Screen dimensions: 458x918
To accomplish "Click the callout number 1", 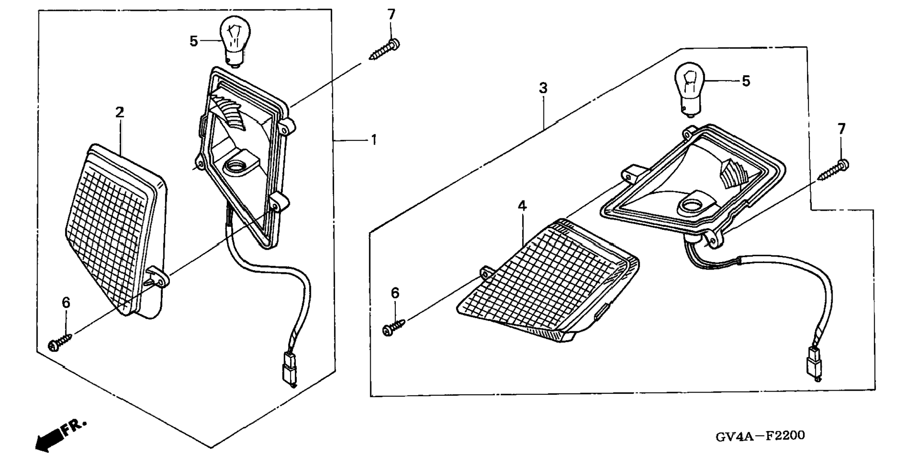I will [x=374, y=140].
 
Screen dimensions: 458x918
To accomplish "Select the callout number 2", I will [x=120, y=112].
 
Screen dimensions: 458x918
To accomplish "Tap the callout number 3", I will [x=543, y=88].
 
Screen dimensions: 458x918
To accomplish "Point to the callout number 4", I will [x=522, y=206].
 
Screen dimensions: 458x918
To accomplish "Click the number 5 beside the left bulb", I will [x=193, y=41].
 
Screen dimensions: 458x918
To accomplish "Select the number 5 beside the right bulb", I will [x=746, y=81].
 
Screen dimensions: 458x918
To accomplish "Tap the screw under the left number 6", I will [x=59, y=342].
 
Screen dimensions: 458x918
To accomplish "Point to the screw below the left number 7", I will [x=384, y=50].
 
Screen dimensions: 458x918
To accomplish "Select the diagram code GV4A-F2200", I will [x=760, y=435].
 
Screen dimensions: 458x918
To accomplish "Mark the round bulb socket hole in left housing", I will [x=235, y=166].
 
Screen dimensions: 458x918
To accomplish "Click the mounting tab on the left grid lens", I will [x=157, y=276].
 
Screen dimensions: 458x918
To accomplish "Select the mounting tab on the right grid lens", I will [x=487, y=274].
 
